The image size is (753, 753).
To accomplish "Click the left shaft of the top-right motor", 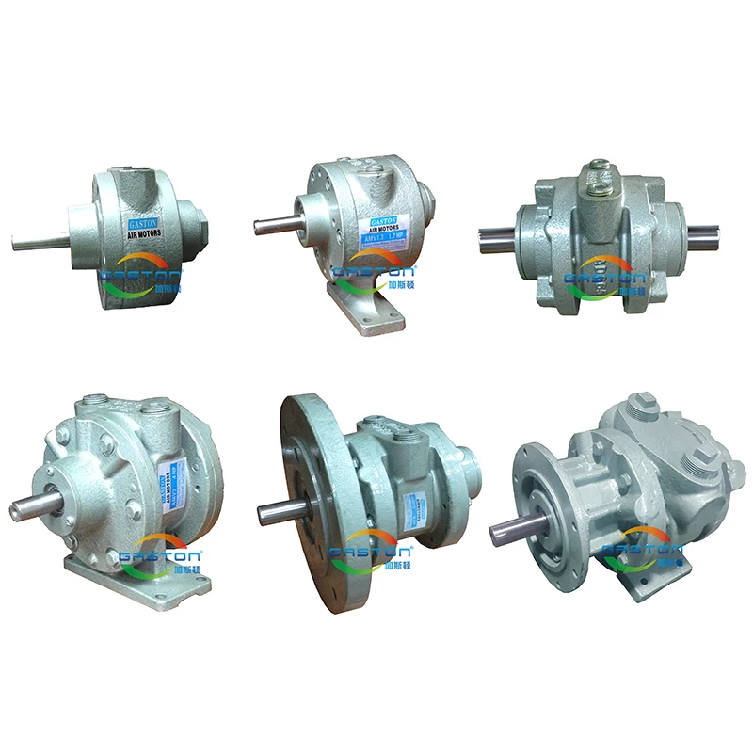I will tap(497, 233).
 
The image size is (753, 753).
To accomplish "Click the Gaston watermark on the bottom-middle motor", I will tap(372, 549).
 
